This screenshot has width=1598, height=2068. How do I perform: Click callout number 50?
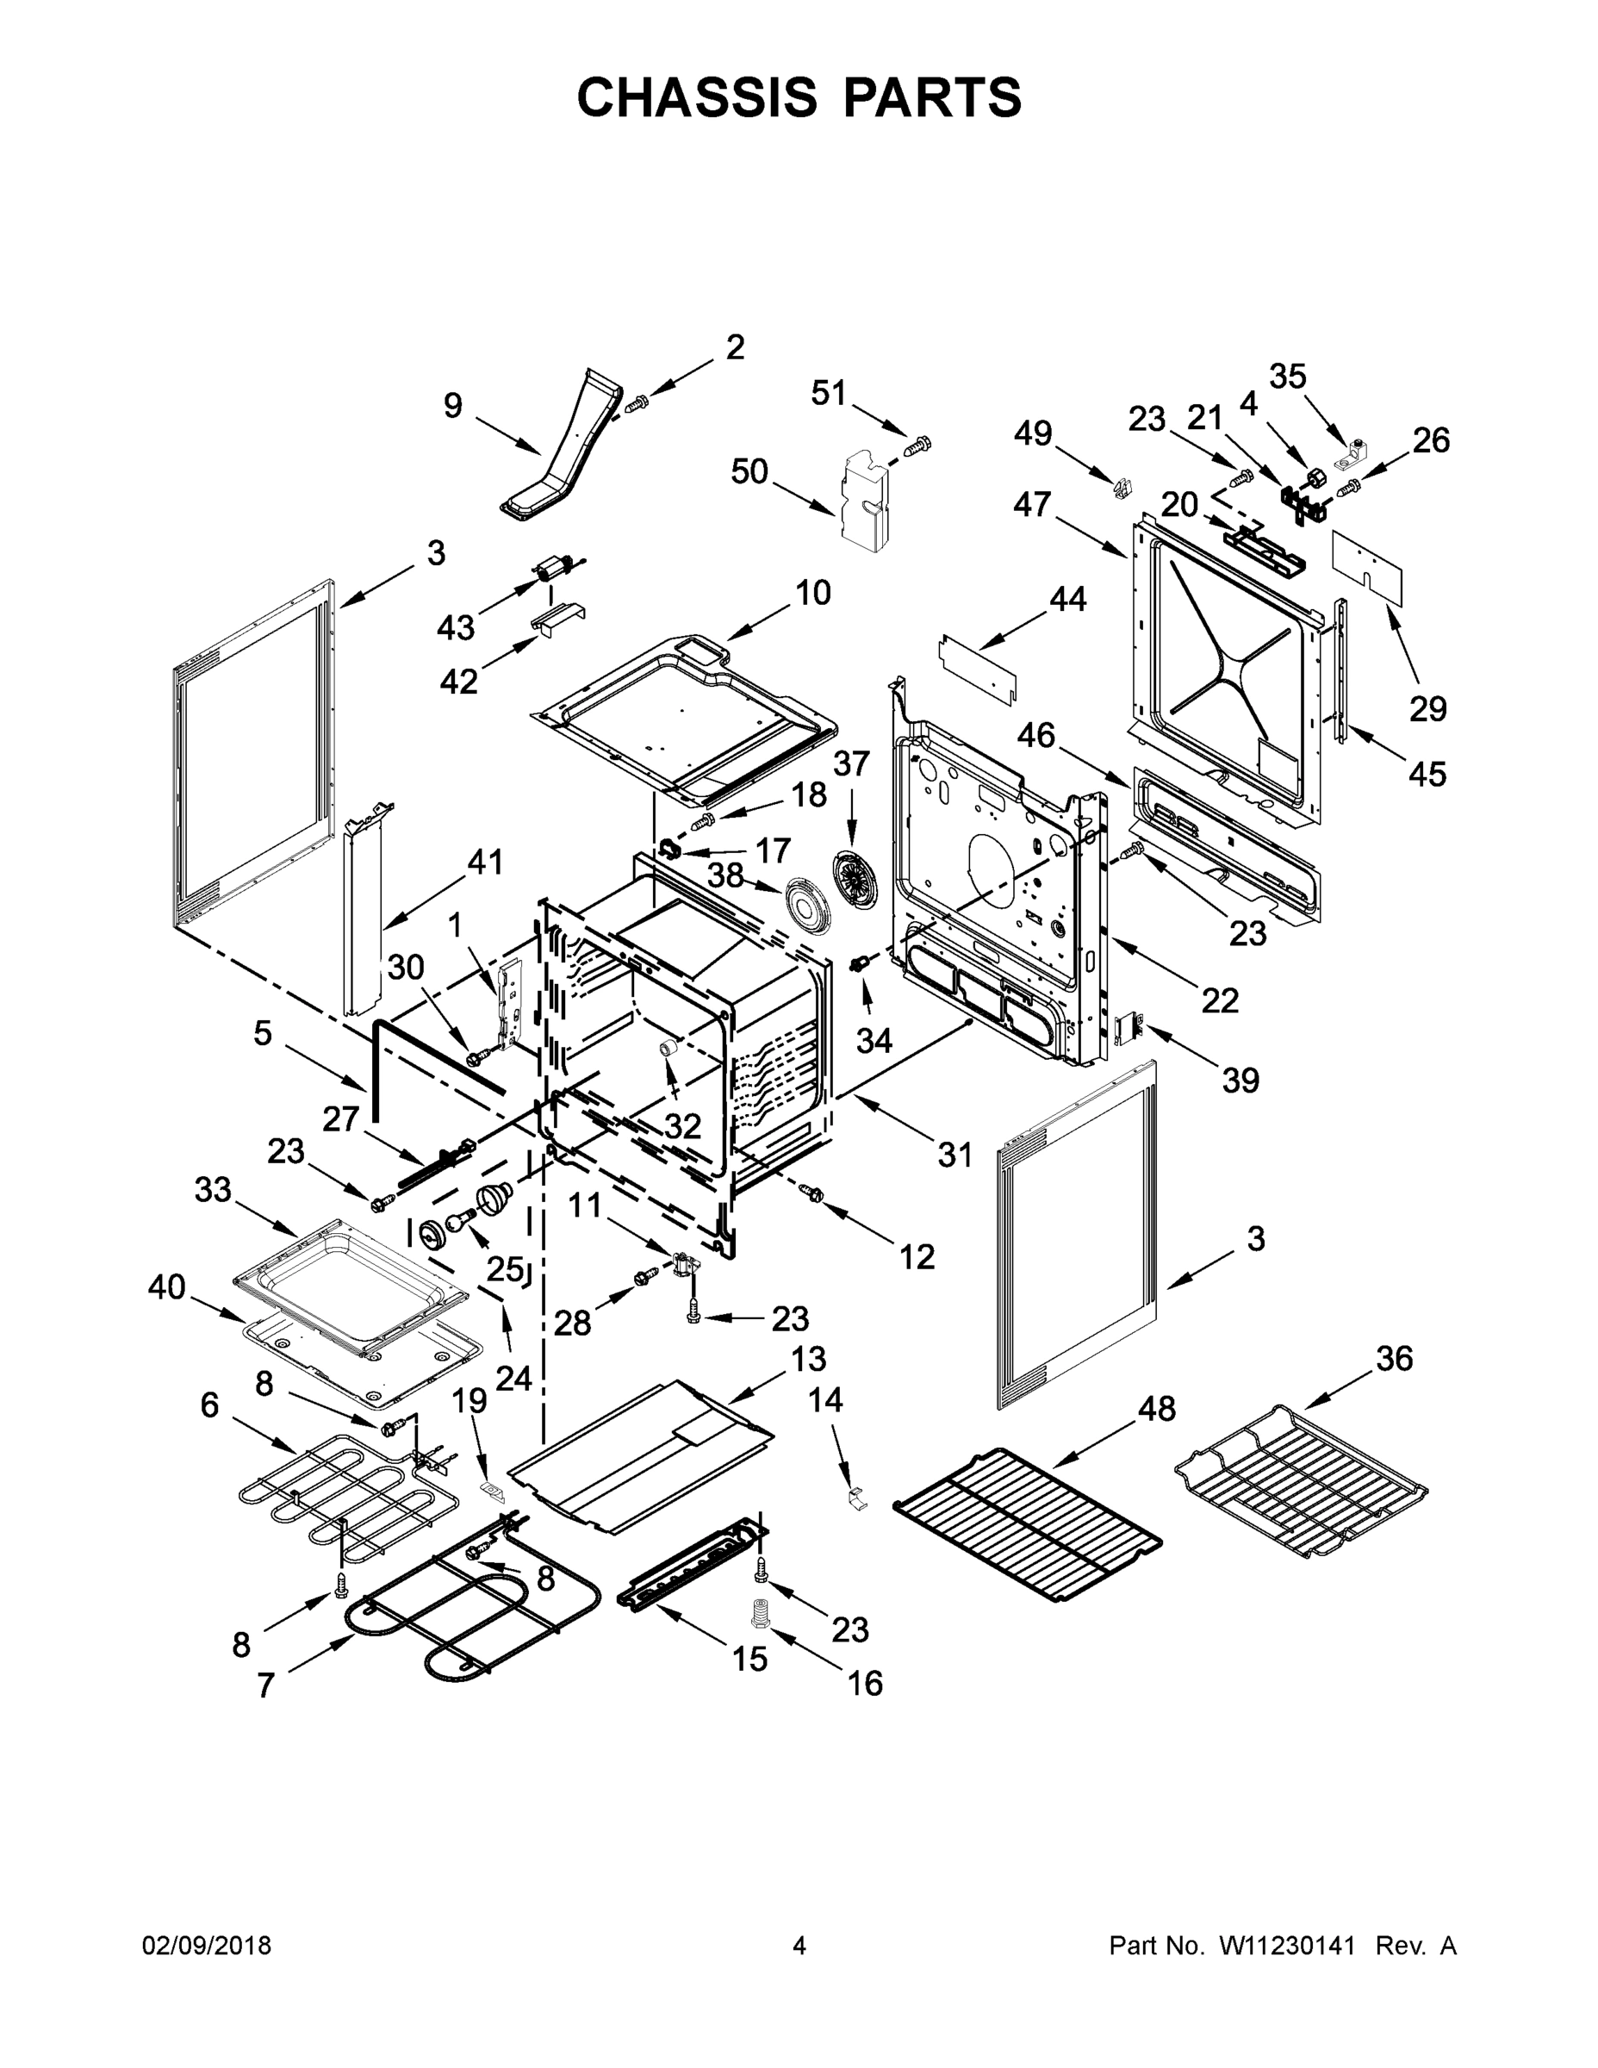[749, 470]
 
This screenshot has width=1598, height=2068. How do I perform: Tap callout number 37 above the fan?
[851, 763]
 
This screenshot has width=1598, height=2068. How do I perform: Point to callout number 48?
[1156, 1409]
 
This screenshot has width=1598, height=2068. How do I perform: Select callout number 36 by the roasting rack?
[1394, 1358]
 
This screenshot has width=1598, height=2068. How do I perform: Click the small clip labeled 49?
[1122, 488]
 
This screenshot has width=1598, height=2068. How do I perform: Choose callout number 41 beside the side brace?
[485, 862]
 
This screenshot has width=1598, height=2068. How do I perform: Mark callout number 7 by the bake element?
[265, 1685]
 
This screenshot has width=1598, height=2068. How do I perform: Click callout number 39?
[1240, 1080]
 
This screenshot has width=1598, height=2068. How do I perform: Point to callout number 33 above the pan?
[213, 1190]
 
